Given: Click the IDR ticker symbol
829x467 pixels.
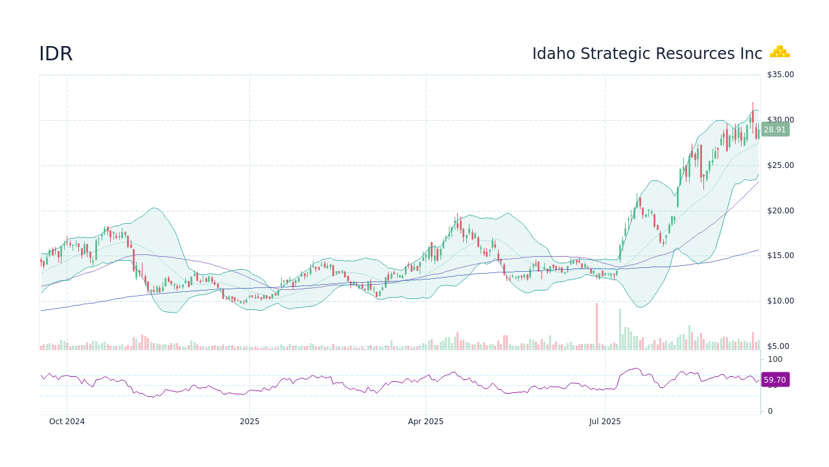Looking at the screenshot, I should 56,54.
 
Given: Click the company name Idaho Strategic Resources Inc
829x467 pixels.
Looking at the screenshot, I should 647,54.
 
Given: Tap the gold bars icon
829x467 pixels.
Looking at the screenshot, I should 779,52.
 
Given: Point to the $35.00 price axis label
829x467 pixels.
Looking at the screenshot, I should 780,75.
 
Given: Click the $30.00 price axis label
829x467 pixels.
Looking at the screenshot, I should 780,120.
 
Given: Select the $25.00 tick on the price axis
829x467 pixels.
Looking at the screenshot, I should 780,165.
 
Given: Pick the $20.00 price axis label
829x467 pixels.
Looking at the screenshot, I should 780,211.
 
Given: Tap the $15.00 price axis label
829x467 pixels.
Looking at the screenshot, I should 780,256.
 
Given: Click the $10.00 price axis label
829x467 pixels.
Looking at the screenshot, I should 780,301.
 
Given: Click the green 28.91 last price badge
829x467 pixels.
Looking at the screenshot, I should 775,130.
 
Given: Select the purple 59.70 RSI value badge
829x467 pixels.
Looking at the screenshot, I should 775,380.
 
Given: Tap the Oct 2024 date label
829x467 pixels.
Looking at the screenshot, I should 67,422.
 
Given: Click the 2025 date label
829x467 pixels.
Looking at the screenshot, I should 249,422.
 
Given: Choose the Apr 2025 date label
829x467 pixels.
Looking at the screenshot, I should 426,422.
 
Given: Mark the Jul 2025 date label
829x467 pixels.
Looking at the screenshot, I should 605,422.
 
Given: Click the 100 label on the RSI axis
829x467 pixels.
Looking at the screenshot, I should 775,359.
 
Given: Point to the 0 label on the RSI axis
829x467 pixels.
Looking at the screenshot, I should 770,411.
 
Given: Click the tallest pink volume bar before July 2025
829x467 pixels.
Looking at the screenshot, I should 596,327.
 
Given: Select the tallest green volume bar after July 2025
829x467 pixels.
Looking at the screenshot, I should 620,329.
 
